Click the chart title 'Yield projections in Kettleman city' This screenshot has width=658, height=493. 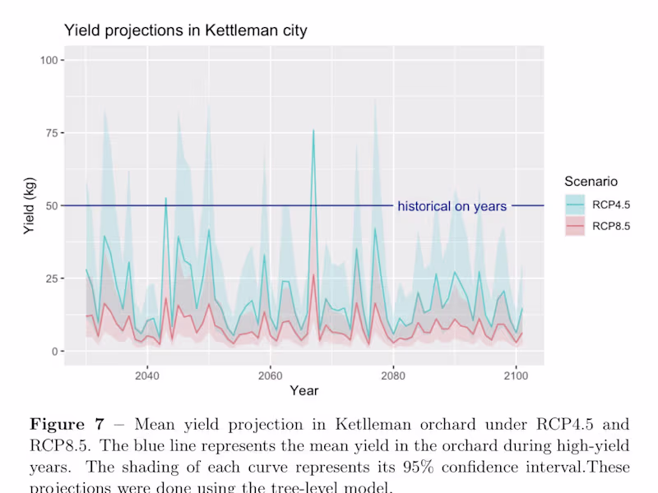pos(185,31)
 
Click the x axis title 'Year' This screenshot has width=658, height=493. pos(304,391)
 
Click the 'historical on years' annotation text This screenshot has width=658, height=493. pos(452,206)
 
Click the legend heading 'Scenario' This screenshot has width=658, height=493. pos(591,181)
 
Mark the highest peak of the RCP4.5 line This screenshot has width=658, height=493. pos(313,130)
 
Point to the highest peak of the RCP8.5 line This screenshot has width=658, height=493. pos(313,274)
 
